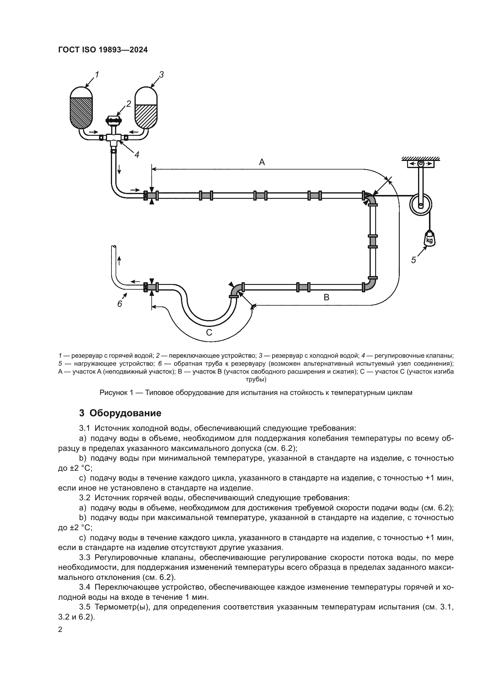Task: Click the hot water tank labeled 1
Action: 81,109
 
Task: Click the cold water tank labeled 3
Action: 146,109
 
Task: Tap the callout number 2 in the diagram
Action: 129,104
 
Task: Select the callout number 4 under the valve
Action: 137,155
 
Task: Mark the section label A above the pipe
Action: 262,162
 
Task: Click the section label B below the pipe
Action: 326,297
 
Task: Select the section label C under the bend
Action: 209,333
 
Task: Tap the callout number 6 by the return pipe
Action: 119,304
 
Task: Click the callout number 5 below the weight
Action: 413,260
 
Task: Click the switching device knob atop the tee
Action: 113,120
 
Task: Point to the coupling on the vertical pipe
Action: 373,241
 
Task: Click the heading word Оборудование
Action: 125,413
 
